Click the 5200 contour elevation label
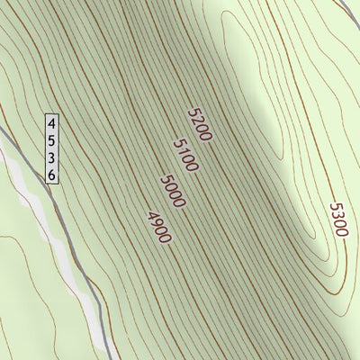click(x=199, y=125)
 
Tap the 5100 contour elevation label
click(x=184, y=155)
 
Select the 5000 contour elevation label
click(x=172, y=191)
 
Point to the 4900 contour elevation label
click(x=157, y=226)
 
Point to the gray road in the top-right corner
click(x=347, y=5)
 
